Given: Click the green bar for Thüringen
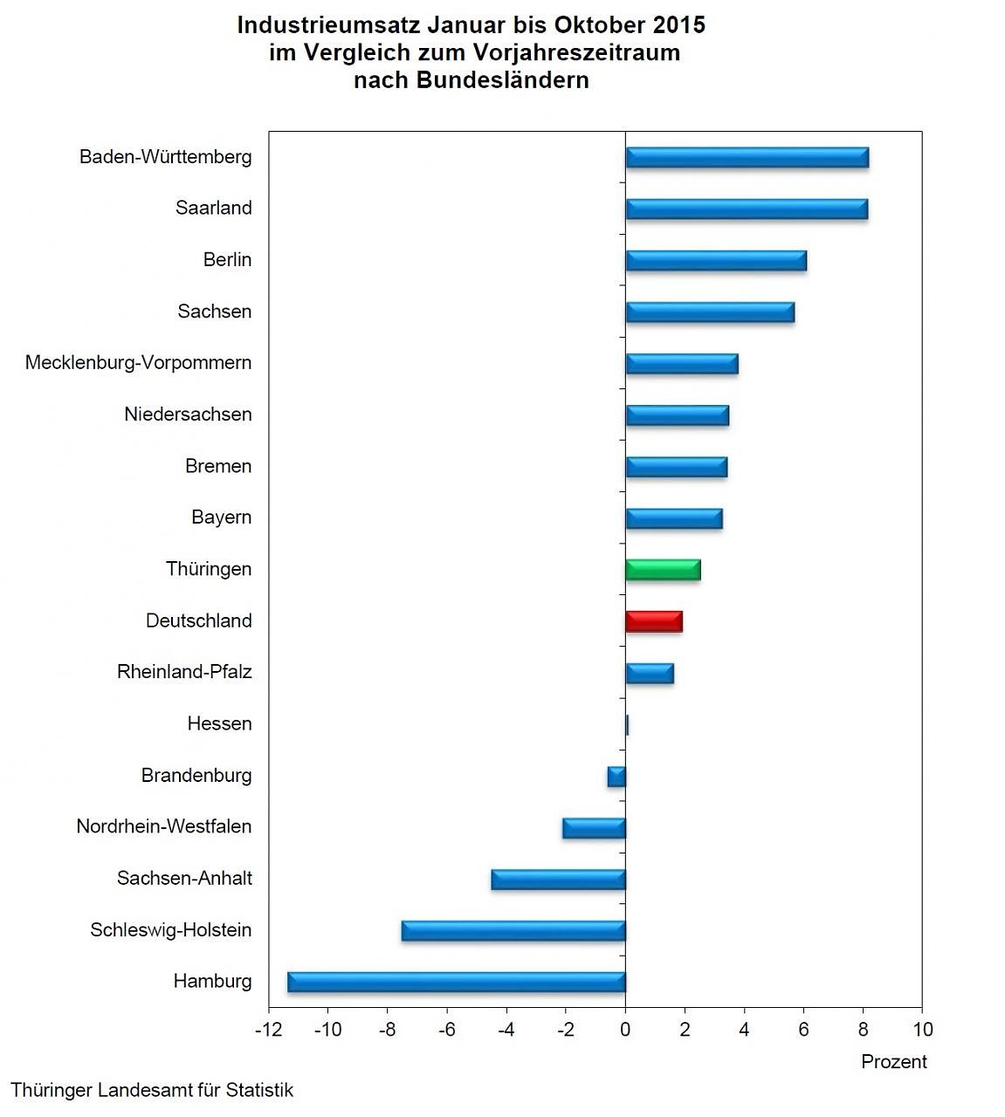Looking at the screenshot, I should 663,570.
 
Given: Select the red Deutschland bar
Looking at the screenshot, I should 654,621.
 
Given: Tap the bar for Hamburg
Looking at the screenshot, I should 457,982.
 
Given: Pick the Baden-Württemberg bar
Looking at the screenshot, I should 747,157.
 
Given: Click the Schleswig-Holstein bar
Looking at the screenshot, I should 513,930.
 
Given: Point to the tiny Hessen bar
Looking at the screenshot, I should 627,724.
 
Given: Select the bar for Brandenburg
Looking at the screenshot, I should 616,776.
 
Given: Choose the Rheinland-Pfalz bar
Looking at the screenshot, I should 650,673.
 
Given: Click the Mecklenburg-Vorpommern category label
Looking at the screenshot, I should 138,363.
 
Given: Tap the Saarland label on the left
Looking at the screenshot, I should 213,208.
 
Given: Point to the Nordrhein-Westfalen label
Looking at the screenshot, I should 163,826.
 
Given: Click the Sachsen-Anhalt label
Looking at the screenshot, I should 184,878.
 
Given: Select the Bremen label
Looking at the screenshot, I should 218,466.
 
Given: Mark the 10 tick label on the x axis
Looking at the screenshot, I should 922,1030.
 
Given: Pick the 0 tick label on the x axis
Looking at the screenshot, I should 625,1030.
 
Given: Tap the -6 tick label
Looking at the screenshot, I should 446,1030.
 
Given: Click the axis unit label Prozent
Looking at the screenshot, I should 893,1062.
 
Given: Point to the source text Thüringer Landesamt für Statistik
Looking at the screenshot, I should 152,1090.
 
